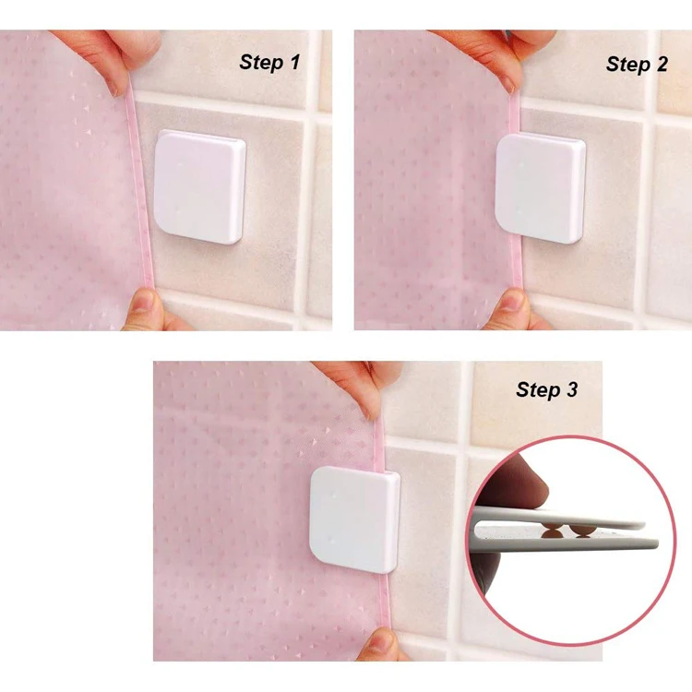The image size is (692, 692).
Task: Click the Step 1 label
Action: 269,62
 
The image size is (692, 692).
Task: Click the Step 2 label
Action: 636,64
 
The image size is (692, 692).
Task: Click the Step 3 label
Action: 546,389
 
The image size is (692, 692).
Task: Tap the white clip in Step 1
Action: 200,186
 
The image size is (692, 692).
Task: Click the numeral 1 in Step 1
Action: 294,62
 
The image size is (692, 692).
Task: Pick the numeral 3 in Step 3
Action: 572,389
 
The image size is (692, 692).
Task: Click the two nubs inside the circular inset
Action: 564,530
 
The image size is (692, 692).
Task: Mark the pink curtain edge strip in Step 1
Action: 138,185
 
